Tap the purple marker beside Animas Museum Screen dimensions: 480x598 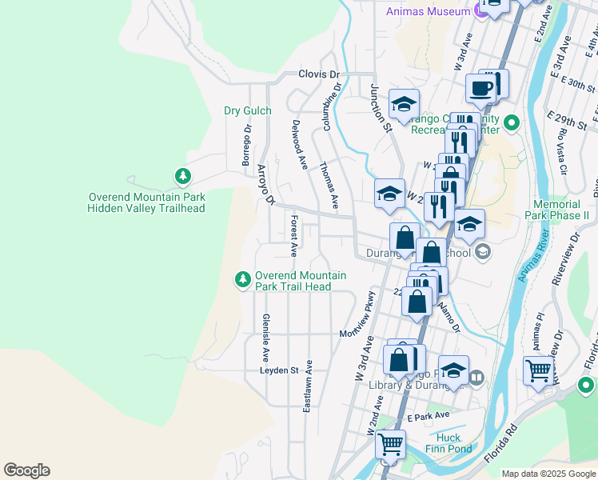(x=480, y=10)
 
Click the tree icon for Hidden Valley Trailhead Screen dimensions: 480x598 (x=183, y=175)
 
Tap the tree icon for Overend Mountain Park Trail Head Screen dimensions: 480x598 (x=242, y=279)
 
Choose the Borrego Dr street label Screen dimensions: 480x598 (x=247, y=145)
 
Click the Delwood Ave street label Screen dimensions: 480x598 (x=299, y=145)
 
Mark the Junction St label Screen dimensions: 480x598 (x=380, y=108)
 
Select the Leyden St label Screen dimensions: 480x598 (x=278, y=370)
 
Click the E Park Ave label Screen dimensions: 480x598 (x=428, y=417)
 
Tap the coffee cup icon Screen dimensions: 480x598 (x=481, y=89)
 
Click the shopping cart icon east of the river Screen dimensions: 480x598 (x=539, y=370)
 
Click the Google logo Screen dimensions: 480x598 (x=26, y=470)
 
